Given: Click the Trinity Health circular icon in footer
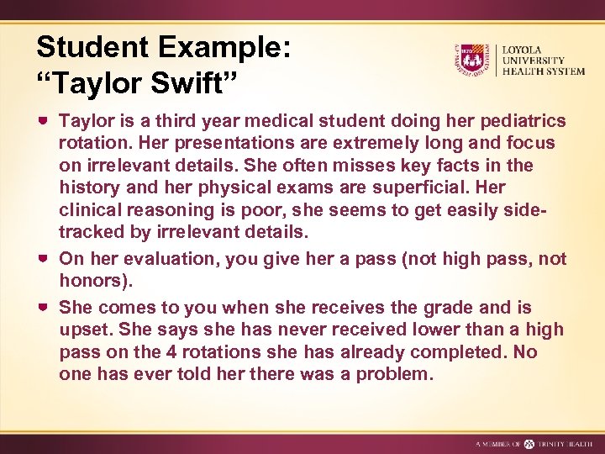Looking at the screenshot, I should tap(529, 443).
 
